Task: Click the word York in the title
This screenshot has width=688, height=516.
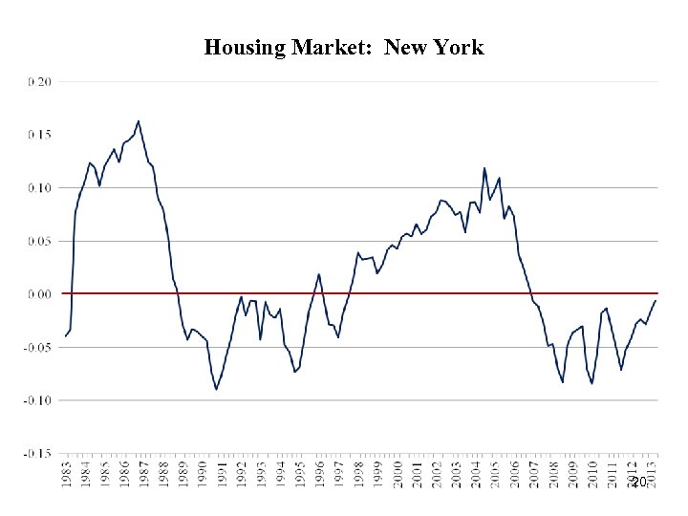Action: pyautogui.click(x=461, y=48)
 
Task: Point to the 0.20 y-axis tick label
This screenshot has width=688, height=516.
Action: pyautogui.click(x=39, y=82)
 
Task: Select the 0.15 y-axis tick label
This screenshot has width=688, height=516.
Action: pyautogui.click(x=39, y=135)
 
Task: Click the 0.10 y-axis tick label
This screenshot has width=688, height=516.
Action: pyautogui.click(x=39, y=188)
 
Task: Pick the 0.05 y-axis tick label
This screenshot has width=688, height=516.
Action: pyautogui.click(x=39, y=241)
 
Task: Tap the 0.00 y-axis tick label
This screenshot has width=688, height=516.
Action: pyautogui.click(x=39, y=294)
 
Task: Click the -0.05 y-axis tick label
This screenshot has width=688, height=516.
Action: pyautogui.click(x=37, y=347)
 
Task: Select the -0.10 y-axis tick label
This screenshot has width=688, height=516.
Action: pyautogui.click(x=37, y=400)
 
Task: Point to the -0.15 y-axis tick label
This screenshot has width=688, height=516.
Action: pyautogui.click(x=37, y=453)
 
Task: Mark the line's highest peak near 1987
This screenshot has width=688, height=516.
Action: pyautogui.click(x=139, y=121)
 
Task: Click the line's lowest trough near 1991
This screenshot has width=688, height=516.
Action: pyautogui.click(x=216, y=389)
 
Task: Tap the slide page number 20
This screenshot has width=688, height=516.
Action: pyautogui.click(x=638, y=484)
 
